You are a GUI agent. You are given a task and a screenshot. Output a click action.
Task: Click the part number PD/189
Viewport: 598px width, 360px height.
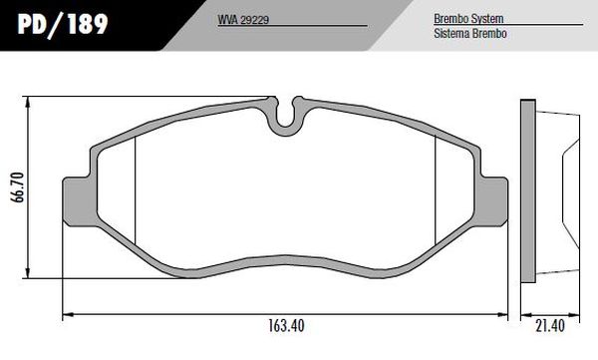point(63,25)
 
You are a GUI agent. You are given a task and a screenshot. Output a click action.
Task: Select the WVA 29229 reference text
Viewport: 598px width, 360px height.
point(243,20)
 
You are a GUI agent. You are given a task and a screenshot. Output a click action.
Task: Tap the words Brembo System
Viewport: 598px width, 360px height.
point(468,19)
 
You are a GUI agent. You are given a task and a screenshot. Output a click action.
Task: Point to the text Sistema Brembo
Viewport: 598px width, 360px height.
point(470,34)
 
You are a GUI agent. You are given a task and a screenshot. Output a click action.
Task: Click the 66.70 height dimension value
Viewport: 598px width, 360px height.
point(19,187)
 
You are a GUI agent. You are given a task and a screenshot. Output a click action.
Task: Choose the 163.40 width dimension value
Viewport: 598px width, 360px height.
point(286,326)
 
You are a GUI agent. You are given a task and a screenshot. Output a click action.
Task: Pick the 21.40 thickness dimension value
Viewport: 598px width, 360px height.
point(549,326)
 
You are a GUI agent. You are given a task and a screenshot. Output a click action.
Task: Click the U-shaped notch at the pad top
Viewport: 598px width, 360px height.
point(285,123)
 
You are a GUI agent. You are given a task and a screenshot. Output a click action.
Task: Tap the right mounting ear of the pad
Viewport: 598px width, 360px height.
point(491,201)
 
